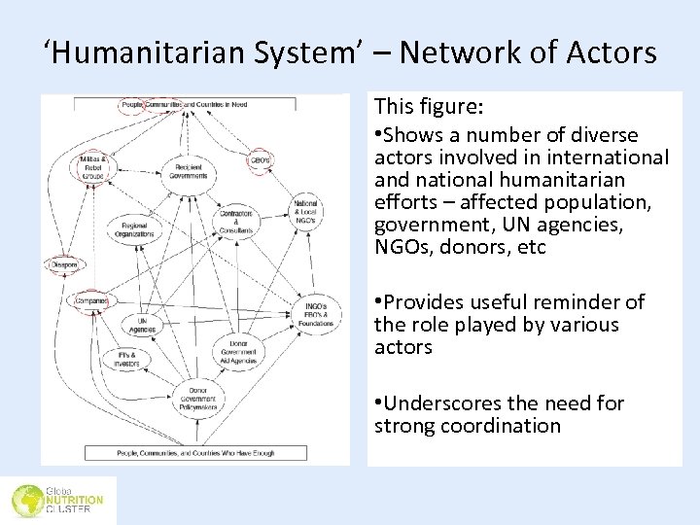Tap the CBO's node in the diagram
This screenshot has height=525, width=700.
(x=261, y=159)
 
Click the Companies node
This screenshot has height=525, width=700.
(x=87, y=300)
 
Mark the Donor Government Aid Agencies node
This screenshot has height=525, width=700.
(x=238, y=352)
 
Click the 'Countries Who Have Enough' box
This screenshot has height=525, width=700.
(x=195, y=452)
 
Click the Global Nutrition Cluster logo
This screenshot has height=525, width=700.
(x=57, y=500)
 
